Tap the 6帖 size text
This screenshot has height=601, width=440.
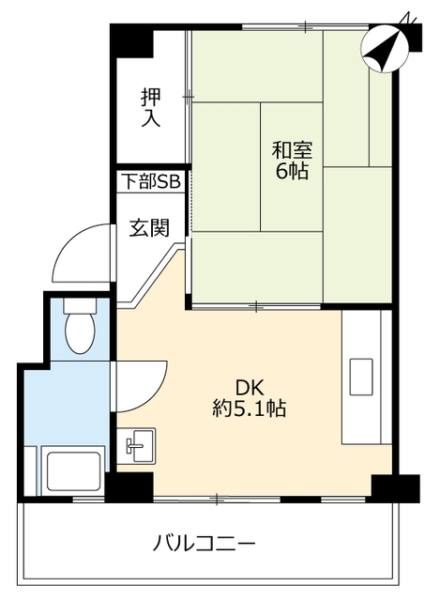pos(292,172)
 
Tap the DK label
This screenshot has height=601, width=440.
pos(249,387)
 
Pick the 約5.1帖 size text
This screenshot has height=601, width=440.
pos(249,409)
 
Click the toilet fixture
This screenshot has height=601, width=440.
pos(81,328)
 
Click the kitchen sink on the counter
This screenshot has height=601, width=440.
pos(360,377)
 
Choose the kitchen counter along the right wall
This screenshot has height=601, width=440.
pos(366,376)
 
